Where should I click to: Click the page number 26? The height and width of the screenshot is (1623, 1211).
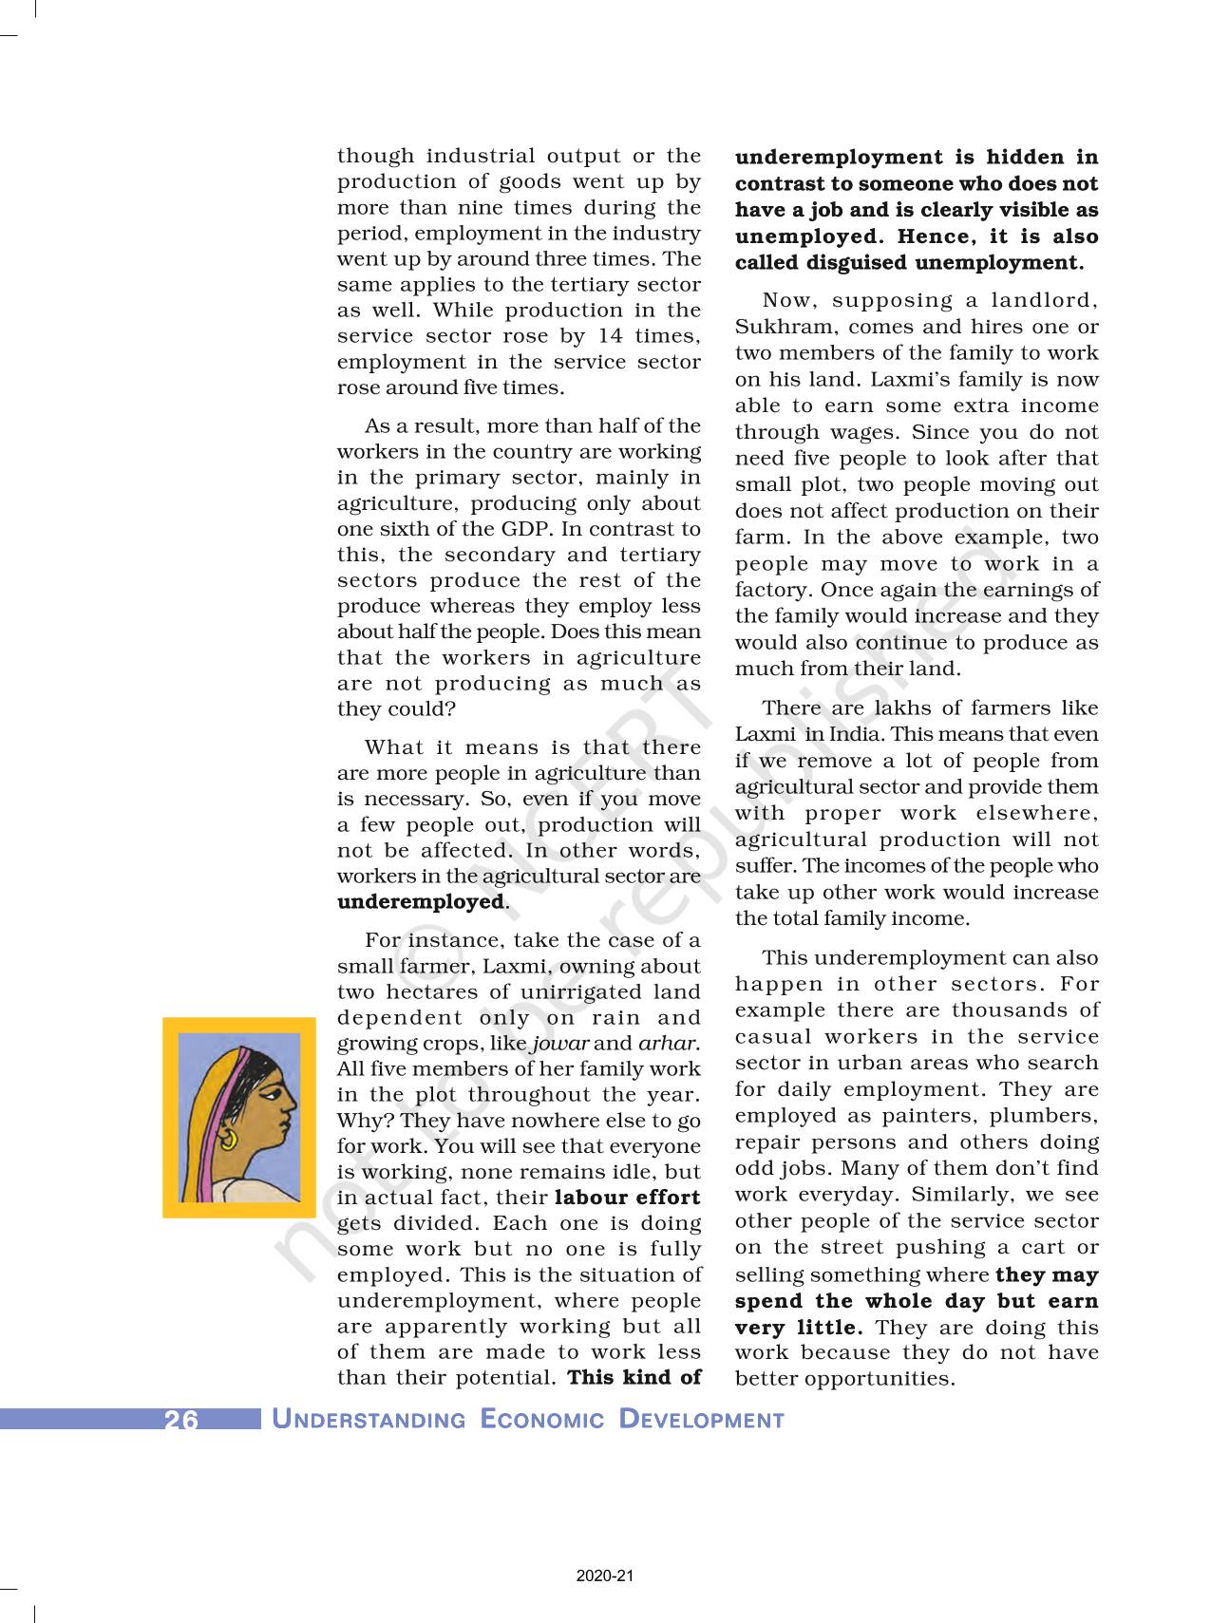[180, 1420]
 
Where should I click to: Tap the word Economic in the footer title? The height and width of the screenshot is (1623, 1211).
[542, 1420]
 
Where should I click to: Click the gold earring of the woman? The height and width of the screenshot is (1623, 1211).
[229, 1138]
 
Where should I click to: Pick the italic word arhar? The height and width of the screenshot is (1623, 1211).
[669, 1043]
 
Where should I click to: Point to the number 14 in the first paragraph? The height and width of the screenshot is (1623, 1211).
[611, 336]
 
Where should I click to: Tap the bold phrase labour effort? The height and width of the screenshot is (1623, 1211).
[627, 1198]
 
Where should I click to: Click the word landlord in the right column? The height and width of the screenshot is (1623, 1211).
[1043, 300]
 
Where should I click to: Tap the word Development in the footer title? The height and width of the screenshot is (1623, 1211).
[702, 1420]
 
